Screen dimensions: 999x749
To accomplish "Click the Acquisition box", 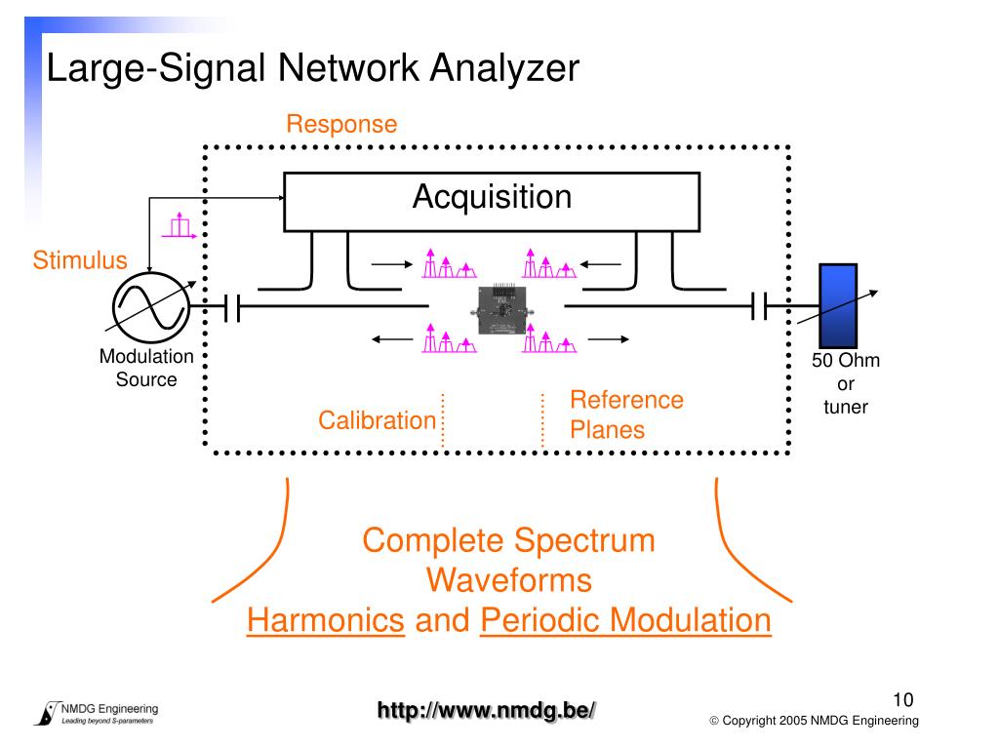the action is [492, 201].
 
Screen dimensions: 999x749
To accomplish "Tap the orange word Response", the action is [341, 124].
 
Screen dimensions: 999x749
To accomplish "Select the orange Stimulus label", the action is [80, 259].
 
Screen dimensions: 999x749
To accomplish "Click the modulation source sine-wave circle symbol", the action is [151, 307].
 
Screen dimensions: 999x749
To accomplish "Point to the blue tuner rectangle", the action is [838, 305].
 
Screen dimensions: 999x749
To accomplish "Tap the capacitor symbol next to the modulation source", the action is [232, 307].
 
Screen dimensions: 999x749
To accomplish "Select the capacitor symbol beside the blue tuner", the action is [759, 306].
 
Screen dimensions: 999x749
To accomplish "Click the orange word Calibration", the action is [378, 420].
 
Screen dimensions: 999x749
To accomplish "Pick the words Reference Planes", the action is [626, 414].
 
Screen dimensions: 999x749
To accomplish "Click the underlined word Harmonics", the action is [326, 619].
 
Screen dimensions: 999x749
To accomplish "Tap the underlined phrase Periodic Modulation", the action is [625, 619].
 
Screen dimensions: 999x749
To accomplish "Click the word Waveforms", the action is [509, 580].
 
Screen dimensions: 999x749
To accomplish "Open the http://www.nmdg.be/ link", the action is [486, 710].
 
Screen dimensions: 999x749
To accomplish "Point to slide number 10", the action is [902, 700].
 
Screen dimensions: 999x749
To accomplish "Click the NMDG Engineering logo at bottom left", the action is [97, 713].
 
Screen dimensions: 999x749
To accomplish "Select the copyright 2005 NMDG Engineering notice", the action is [815, 721].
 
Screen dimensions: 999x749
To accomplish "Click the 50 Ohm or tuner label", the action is [846, 383].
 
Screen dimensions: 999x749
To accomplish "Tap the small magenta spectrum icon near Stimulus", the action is [180, 225].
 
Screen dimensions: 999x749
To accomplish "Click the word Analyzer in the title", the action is [504, 67].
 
